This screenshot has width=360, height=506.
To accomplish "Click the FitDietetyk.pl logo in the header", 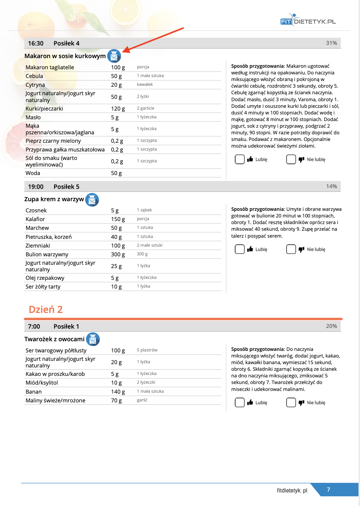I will tap(308, 20).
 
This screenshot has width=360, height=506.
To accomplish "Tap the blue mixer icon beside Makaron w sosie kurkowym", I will tap(114, 56).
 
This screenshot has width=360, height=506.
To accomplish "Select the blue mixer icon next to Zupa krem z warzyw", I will tap(92, 200).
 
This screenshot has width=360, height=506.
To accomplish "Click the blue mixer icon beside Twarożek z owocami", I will tap(93, 339).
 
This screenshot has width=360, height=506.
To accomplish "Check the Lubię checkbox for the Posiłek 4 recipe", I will tap(240, 159).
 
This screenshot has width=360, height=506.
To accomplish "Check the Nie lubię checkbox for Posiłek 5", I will tap(291, 249).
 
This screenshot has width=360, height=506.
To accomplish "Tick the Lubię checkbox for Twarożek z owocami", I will tap(240, 402).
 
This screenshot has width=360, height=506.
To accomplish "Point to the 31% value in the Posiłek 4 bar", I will tap(331, 43).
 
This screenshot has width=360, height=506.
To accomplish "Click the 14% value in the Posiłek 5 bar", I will tap(331, 186).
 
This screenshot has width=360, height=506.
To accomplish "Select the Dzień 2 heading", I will tap(46, 309).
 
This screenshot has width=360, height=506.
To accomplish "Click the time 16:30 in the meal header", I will tap(36, 43).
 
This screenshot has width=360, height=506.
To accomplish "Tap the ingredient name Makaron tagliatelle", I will tap(50, 67).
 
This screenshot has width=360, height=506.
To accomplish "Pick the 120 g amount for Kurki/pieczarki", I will tap(118, 109).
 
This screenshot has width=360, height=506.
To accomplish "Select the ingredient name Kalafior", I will tap(35, 219).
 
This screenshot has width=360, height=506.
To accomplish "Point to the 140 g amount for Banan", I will tap(118, 392).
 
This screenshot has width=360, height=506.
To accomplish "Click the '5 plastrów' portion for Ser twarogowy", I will tap(147, 350).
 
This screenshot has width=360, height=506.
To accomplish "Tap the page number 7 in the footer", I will tap(328, 489).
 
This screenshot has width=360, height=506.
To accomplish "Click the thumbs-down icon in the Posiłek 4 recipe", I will tap(301, 159).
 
